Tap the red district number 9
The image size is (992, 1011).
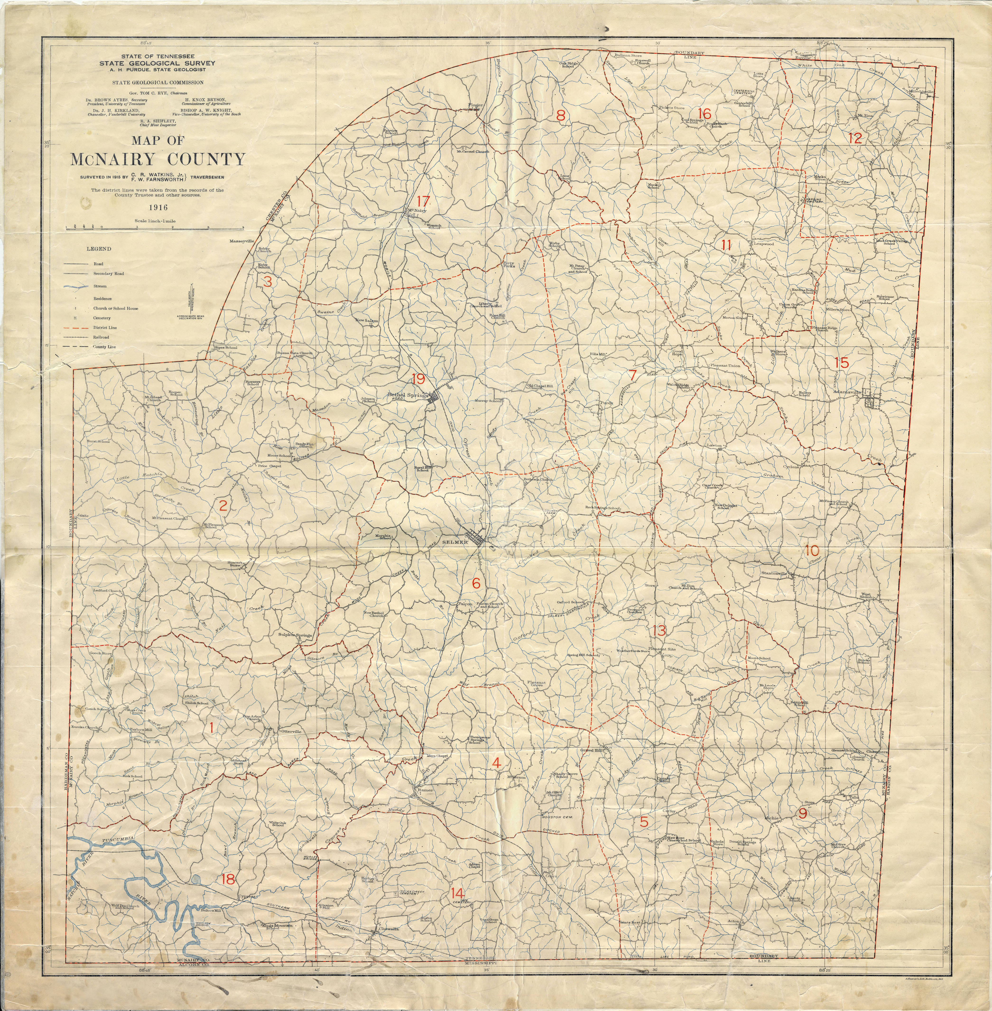coord(802,814)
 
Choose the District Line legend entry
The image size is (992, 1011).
coord(105,328)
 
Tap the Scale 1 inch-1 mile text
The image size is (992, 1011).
coord(155,221)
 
